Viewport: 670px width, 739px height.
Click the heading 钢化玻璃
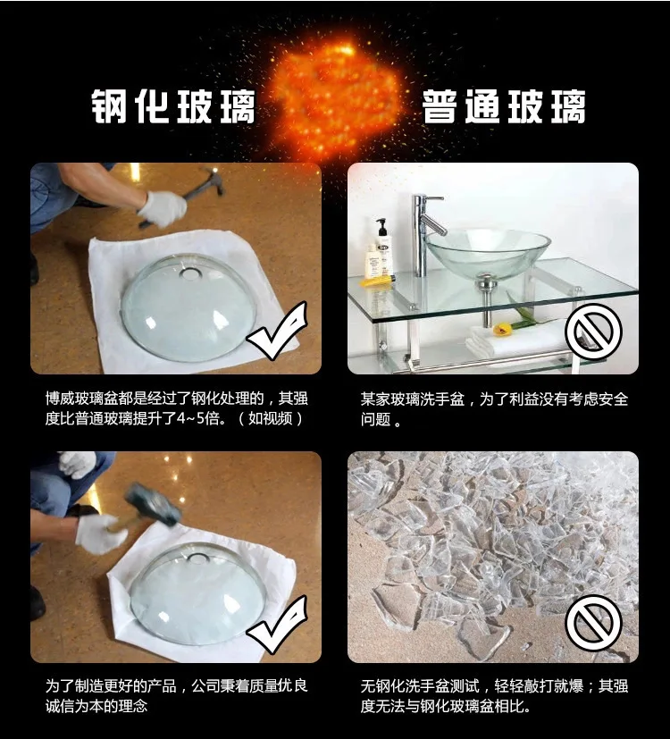173,106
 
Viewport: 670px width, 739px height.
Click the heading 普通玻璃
504,106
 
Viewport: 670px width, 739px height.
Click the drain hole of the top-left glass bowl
189,273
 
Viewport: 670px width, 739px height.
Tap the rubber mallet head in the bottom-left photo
152,504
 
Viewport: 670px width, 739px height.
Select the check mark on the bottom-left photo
278,625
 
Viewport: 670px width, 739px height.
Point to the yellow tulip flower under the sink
502,329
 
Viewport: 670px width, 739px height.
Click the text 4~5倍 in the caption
204,418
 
